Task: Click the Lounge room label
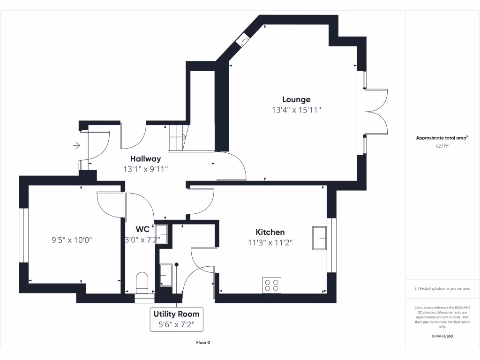point(296,99)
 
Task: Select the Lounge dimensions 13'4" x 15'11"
point(296,110)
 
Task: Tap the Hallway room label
point(145,159)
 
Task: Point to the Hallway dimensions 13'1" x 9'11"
point(145,169)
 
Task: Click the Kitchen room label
point(270,232)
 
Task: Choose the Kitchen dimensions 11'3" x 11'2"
point(270,242)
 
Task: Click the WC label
point(142,229)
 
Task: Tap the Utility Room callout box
point(176,319)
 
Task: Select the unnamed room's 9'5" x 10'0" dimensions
point(72,240)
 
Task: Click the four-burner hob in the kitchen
point(271,285)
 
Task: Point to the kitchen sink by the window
point(320,238)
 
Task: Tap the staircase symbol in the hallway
point(178,137)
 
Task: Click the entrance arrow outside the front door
point(76,146)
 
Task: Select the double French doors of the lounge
point(375,112)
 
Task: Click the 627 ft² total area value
point(442,146)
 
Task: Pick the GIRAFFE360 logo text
point(442,336)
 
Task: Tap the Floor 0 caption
point(203,342)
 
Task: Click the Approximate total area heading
point(442,138)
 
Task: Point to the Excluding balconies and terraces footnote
point(442,288)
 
